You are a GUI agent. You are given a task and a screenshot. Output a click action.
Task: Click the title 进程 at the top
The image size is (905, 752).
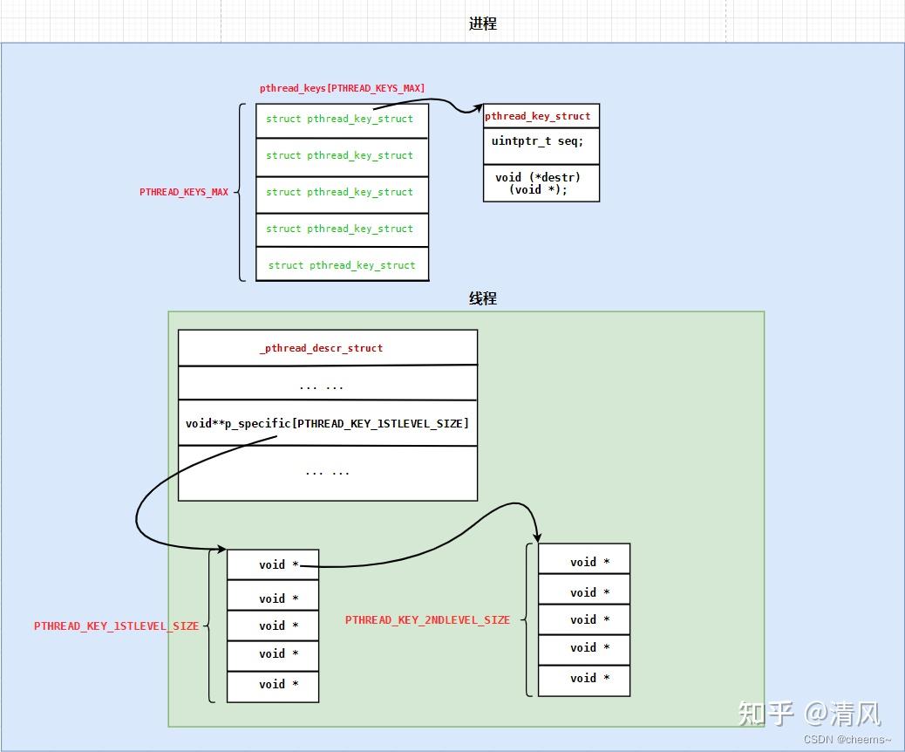(x=482, y=24)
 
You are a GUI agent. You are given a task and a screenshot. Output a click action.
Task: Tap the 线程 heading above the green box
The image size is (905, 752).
(x=482, y=298)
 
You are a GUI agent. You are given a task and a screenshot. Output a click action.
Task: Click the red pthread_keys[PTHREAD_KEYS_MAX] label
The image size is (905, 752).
(x=342, y=88)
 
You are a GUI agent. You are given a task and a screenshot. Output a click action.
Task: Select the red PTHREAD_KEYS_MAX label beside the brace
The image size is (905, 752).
(x=184, y=192)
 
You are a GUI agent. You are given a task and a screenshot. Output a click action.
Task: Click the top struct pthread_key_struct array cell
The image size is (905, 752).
(x=342, y=120)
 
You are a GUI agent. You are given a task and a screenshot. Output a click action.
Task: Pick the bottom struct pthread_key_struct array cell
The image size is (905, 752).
(x=342, y=265)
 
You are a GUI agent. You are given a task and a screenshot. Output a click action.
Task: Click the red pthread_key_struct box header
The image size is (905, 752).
(x=538, y=116)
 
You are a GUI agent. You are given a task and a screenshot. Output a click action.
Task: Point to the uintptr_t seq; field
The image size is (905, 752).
(x=538, y=141)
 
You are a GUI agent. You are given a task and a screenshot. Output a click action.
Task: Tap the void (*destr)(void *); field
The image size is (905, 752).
(x=538, y=183)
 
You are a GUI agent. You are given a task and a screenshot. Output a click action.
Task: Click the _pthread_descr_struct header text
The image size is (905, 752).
(x=321, y=348)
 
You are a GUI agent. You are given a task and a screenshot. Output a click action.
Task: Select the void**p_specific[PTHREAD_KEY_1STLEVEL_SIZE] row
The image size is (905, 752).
(x=327, y=423)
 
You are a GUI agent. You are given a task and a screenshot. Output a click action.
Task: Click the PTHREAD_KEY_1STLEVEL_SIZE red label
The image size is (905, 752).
(x=116, y=626)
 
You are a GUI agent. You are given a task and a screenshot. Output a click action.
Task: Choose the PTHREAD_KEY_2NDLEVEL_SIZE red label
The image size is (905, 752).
(x=427, y=619)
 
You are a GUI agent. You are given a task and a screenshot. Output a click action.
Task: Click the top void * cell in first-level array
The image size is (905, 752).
(x=273, y=564)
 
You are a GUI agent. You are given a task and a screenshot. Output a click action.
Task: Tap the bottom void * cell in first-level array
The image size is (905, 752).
(x=273, y=685)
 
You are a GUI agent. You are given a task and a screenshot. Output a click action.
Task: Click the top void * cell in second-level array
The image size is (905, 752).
(x=584, y=562)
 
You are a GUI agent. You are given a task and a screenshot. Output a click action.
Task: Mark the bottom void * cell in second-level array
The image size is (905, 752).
(x=584, y=679)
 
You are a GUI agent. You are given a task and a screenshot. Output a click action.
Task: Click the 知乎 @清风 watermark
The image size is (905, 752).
(x=809, y=713)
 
